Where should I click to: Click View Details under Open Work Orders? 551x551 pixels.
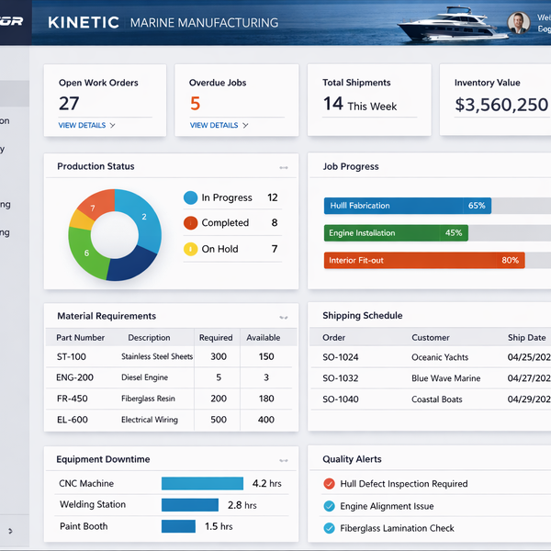pyautogui.click(x=86, y=125)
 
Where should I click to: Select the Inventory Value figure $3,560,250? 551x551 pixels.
pyautogui.click(x=501, y=105)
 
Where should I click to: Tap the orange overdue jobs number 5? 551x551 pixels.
pyautogui.click(x=195, y=104)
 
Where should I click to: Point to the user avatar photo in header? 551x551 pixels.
pyautogui.click(x=518, y=23)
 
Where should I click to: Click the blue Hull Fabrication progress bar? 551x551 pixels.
pyautogui.click(x=407, y=206)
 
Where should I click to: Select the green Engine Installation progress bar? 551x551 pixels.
pyautogui.click(x=396, y=233)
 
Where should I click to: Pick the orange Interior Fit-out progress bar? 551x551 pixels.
pyautogui.click(x=423, y=261)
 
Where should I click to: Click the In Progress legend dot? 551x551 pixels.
pyautogui.click(x=191, y=197)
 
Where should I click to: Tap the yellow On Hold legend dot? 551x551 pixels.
pyautogui.click(x=191, y=249)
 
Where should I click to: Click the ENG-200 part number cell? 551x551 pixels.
pyautogui.click(x=74, y=377)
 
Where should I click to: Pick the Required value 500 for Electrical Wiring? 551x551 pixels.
pyautogui.click(x=218, y=420)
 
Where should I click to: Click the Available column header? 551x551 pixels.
pyautogui.click(x=264, y=337)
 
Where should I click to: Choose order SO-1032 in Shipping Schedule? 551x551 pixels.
pyautogui.click(x=341, y=378)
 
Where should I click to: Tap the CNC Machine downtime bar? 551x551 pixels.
pyautogui.click(x=202, y=483)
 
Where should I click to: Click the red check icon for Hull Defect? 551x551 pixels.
pyautogui.click(x=329, y=484)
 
